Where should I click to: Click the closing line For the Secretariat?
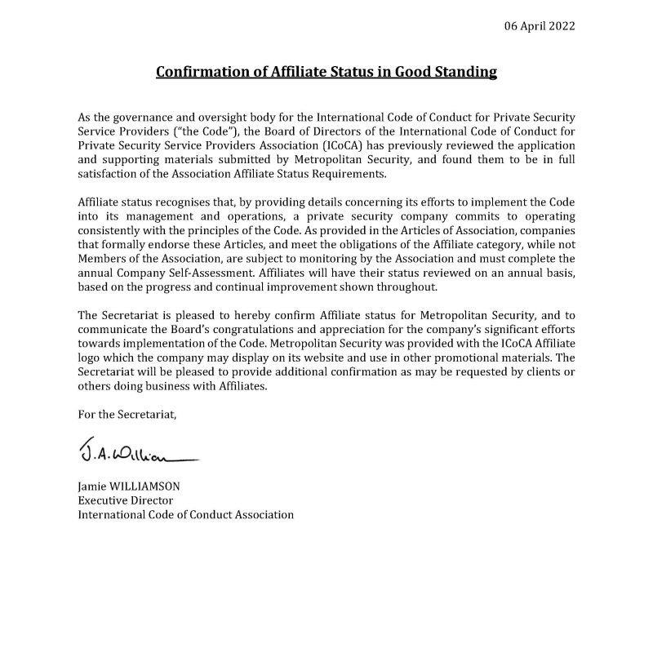point(127,415)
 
